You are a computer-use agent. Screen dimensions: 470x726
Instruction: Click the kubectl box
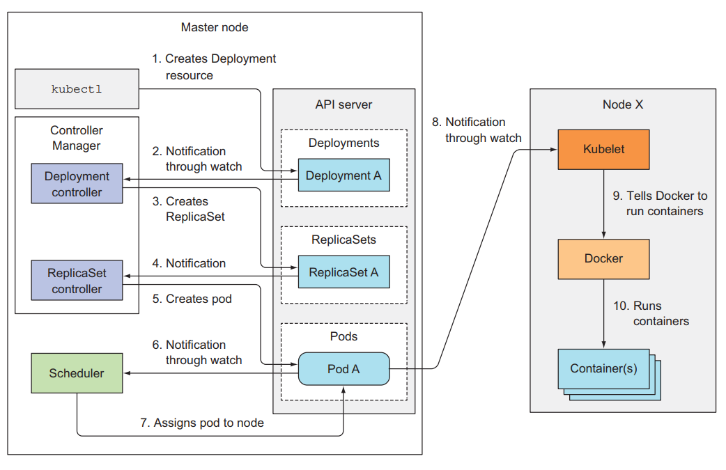[76, 89]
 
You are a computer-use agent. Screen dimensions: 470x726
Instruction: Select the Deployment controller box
[77, 184]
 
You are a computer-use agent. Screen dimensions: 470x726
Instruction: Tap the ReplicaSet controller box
[77, 281]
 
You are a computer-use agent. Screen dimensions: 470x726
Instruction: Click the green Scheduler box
[77, 373]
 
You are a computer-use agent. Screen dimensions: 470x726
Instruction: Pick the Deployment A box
[343, 175]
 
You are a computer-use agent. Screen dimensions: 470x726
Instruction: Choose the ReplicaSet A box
[343, 272]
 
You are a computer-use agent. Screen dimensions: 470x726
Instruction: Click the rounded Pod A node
[343, 369]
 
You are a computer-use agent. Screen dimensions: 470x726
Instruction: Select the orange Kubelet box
[603, 149]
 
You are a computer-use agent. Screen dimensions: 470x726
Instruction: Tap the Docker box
[603, 258]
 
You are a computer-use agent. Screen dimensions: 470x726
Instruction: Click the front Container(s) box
[603, 368]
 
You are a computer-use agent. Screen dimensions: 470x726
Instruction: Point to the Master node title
[215, 28]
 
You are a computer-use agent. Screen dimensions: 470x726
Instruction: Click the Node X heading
[623, 104]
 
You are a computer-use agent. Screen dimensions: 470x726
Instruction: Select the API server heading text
[343, 105]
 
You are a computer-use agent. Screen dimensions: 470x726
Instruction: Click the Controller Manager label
[77, 138]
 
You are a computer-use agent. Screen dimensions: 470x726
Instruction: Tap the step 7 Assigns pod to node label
[201, 423]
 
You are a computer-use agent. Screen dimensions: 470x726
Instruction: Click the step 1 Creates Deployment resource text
[214, 67]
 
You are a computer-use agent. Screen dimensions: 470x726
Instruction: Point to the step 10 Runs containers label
[652, 313]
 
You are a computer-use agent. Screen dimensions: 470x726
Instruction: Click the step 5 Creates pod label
[192, 299]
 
